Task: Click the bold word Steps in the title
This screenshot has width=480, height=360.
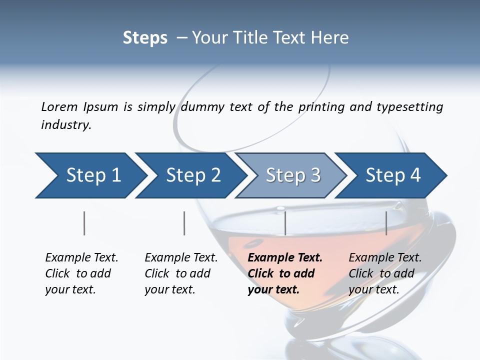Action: (x=145, y=38)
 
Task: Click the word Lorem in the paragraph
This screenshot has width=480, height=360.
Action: (x=59, y=106)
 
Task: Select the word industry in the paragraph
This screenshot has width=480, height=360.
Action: (x=65, y=125)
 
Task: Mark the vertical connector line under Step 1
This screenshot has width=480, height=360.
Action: (x=84, y=223)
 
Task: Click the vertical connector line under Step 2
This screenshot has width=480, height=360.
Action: (x=184, y=223)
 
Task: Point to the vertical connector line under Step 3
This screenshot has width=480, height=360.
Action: (x=285, y=223)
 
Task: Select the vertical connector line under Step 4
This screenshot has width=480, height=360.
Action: (x=386, y=223)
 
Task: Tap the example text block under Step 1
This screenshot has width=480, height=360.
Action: (x=81, y=273)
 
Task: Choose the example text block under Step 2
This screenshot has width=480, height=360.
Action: (x=181, y=273)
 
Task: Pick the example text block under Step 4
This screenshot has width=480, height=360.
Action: (x=385, y=273)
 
